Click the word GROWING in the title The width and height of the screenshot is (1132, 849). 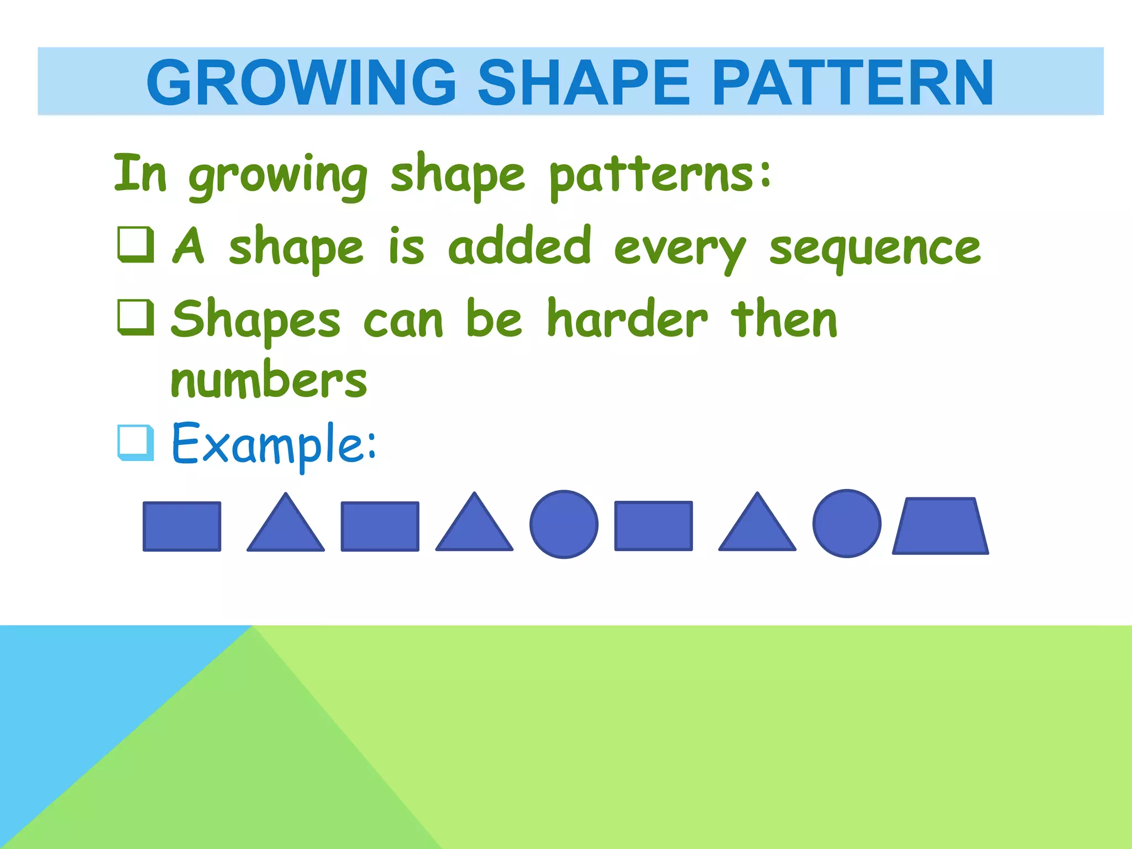301,83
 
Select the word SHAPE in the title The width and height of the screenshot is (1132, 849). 584,83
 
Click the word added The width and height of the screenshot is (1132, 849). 520,246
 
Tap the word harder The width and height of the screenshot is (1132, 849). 627,319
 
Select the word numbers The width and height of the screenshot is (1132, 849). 269,381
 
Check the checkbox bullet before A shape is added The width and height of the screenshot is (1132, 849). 136,244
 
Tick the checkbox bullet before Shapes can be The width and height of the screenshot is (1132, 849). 136,317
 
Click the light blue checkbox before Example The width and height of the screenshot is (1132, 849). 136,442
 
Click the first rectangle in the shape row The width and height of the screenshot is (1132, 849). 182,526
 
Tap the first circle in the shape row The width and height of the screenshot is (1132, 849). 564,524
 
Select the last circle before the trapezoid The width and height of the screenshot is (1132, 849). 846,523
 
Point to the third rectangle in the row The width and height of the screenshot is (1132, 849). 653,526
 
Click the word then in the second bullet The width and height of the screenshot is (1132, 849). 784,319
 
